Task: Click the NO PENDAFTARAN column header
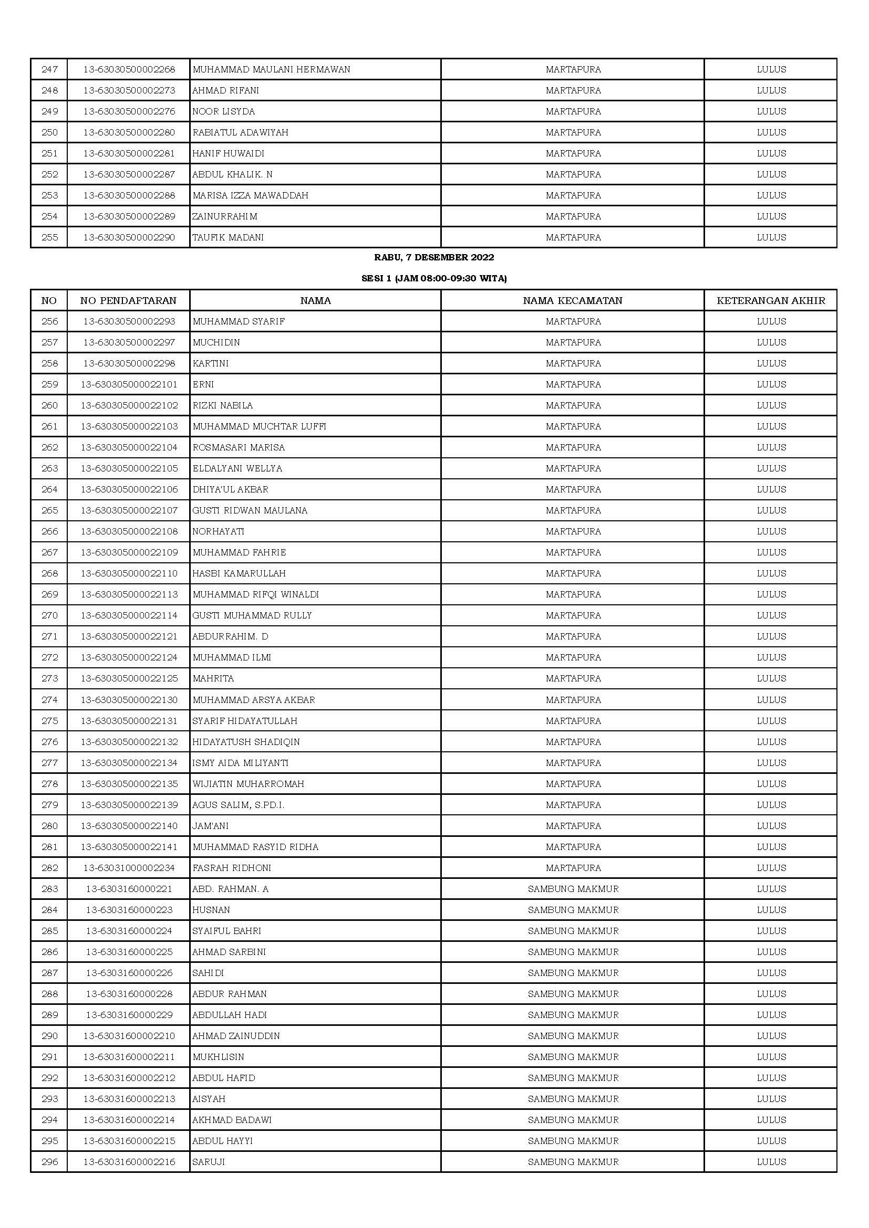pos(128,301)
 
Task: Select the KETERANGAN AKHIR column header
pos(771,301)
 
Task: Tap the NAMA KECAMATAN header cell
pos(573,301)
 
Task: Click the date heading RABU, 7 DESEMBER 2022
pos(434,257)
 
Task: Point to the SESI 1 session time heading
pos(434,278)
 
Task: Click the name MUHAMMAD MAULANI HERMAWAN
pos(271,69)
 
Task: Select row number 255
pos(49,237)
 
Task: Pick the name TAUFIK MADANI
pos(228,237)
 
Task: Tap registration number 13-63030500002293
pos(128,321)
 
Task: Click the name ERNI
pos(203,384)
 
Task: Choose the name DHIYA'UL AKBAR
pos(231,489)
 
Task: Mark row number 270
pos(49,616)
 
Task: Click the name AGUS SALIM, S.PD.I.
pos(238,805)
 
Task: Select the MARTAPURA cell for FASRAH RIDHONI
pos(573,868)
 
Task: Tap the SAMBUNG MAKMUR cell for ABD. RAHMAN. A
pos(573,889)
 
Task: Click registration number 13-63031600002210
pos(128,1036)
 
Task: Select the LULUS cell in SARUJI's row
pos(771,1162)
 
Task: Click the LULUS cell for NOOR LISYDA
pos(771,111)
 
